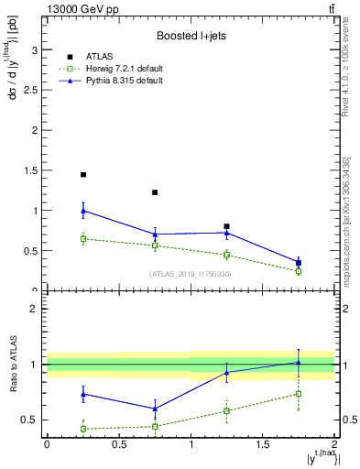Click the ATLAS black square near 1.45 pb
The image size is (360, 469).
pos(83,174)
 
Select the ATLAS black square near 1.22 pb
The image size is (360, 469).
pos(155,192)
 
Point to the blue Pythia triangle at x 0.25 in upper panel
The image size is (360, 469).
pos(83,211)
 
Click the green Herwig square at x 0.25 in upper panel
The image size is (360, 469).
pos(83,239)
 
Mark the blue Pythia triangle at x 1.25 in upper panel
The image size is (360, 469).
pos(227,233)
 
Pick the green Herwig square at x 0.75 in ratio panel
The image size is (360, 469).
pos(155,426)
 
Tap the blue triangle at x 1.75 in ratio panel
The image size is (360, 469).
pos(299,362)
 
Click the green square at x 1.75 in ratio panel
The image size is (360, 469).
pos(299,394)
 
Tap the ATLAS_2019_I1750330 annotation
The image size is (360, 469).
pos(191,274)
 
